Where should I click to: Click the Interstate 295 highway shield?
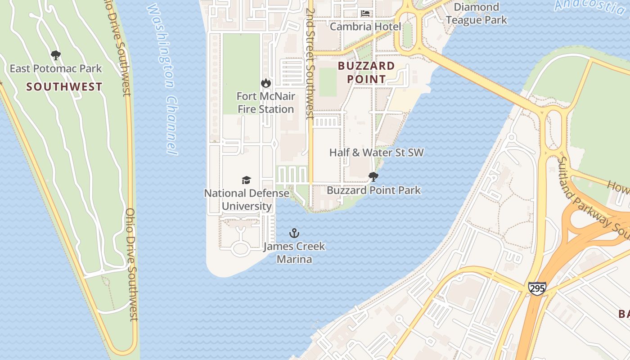point(537,288)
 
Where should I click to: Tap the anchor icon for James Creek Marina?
point(294,233)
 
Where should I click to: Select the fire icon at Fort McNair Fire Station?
point(266,83)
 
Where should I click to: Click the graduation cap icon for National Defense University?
point(246,180)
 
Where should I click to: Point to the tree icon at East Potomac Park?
point(56,56)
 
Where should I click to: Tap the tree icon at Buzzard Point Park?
point(373,177)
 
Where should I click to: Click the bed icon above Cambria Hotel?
point(365,13)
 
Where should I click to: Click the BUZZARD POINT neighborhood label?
point(366,72)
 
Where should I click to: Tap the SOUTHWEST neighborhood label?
point(64,87)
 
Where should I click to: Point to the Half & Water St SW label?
point(376,153)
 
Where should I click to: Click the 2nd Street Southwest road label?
point(309,63)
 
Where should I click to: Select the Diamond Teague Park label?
point(476,13)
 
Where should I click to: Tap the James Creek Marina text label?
point(294,253)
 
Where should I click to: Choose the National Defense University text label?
point(247,200)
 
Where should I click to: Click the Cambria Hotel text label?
point(365,27)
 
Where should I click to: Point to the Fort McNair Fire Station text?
point(266,103)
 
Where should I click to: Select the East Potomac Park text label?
point(56,69)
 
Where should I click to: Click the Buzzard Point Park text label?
point(373,190)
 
